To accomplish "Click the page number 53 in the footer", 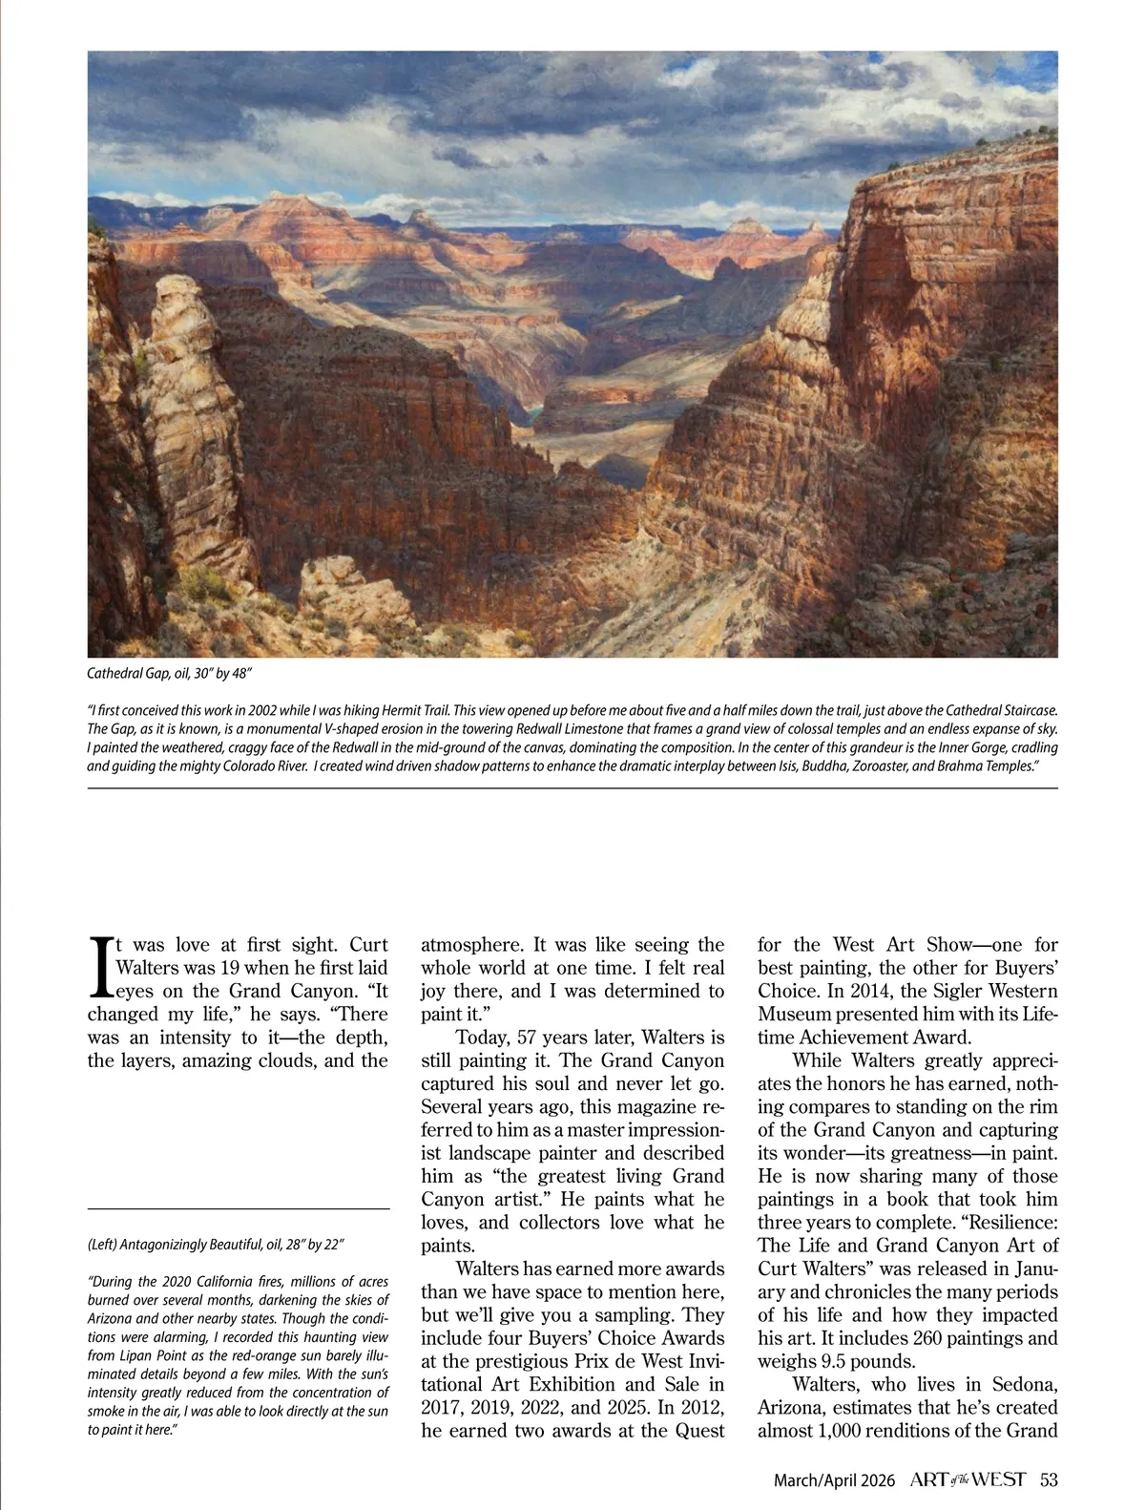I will click(1049, 1480).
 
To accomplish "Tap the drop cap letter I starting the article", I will click(99, 967).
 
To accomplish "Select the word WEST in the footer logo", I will click(999, 1480).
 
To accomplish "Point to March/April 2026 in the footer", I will click(834, 1480).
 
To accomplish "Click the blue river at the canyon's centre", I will click(534, 412).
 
